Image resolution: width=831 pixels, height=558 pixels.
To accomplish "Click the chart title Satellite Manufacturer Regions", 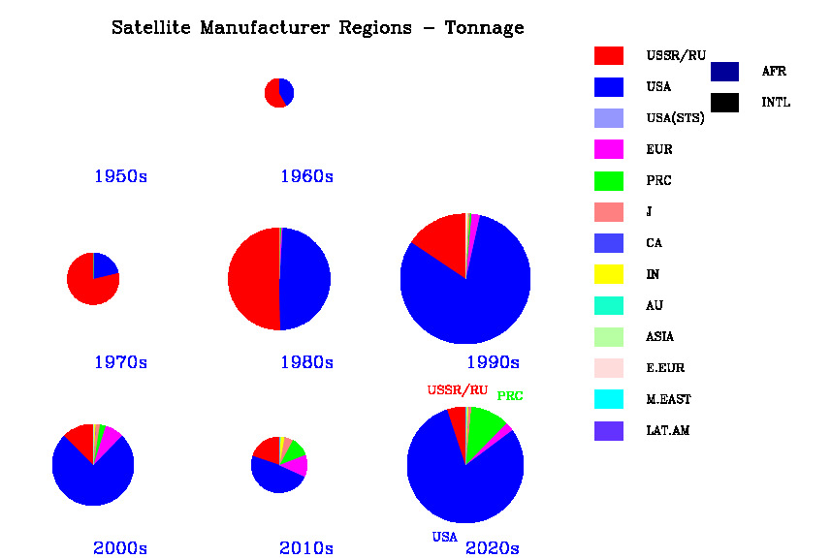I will click(317, 28).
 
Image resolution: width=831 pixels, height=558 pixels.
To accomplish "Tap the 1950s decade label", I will click(120, 176).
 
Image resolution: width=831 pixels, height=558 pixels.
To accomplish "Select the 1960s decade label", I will click(306, 176).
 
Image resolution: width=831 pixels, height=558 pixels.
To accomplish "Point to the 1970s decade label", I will click(120, 362).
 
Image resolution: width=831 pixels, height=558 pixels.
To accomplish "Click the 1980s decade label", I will click(306, 362).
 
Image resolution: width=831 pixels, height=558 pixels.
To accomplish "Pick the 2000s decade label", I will click(120, 548).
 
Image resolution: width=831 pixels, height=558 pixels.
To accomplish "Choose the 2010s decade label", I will click(306, 548).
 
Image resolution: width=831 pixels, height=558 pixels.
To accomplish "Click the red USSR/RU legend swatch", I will click(608, 55).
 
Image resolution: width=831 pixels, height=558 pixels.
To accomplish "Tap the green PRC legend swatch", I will click(608, 180).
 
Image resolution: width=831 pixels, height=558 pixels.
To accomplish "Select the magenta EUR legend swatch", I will click(608, 149).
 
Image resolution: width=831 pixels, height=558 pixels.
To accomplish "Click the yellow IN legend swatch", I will click(608, 274).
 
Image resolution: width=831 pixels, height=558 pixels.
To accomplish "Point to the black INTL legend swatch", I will click(724, 102).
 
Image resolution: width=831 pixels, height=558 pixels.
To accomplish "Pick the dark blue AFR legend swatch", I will click(724, 71).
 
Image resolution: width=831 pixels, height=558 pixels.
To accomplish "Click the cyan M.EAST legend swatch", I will click(608, 399).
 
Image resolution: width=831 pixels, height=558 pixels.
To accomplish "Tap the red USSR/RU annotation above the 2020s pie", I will click(458, 390).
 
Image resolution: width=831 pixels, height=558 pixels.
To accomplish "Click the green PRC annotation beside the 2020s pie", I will click(510, 396).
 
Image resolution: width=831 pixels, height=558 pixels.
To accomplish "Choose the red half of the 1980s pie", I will click(252, 280).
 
